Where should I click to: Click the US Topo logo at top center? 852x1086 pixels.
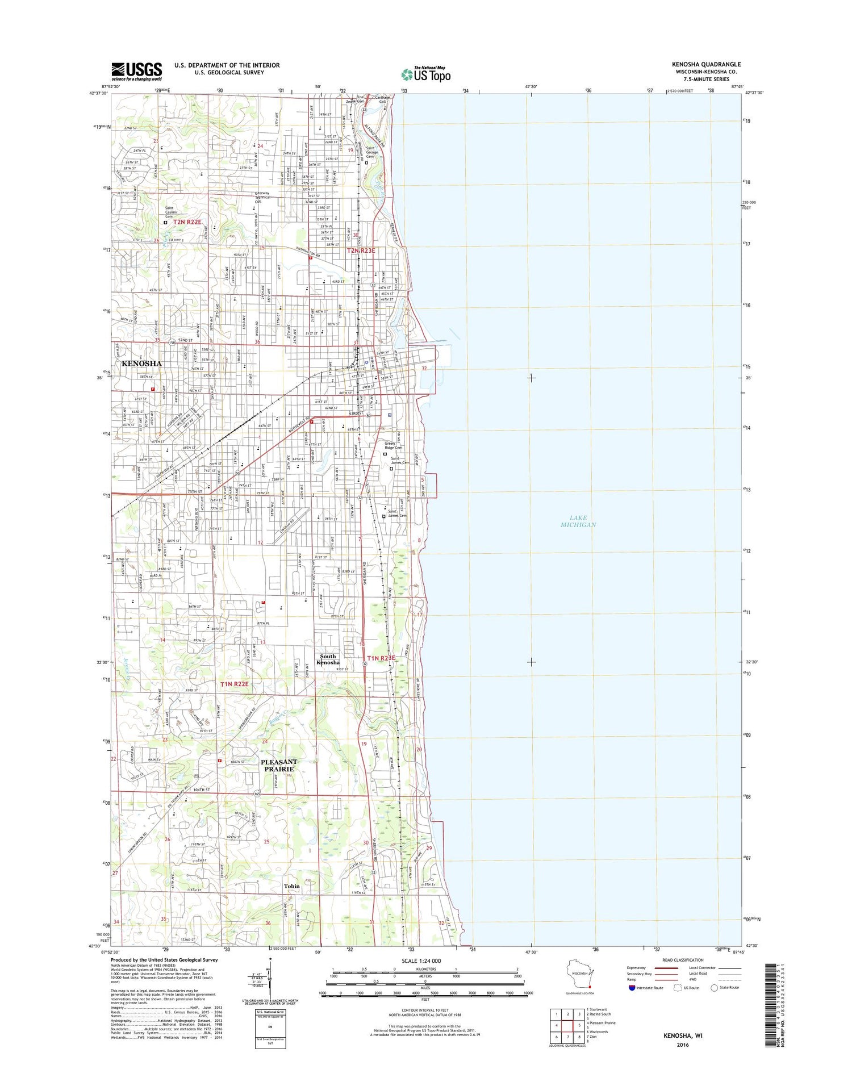pos(425,74)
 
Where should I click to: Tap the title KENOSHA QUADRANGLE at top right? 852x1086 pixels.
pos(706,64)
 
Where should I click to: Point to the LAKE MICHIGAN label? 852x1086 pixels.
pos(578,521)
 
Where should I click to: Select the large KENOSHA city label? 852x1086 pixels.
pos(141,364)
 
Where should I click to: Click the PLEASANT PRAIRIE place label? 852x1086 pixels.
pos(279,765)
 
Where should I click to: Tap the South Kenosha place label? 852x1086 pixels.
pos(328,659)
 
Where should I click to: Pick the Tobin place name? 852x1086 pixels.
pos(291,885)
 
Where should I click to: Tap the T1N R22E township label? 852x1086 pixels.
pos(235,684)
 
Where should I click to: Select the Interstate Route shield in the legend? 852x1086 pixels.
pos(632,988)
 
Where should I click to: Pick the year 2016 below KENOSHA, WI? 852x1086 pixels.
pos(682,1045)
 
